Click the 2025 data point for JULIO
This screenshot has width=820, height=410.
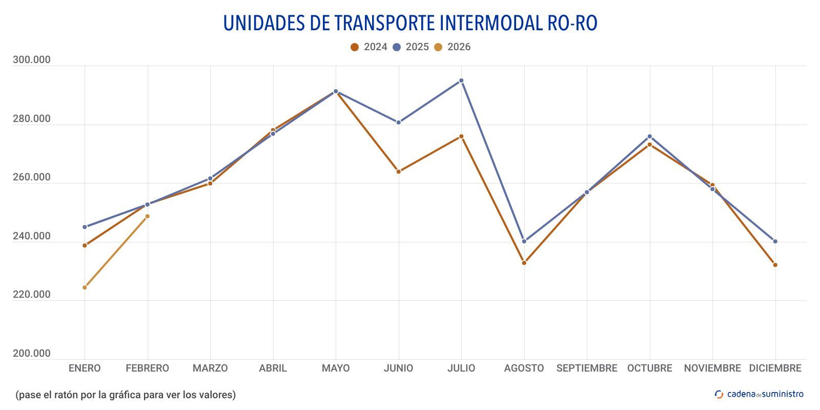[x=461, y=80]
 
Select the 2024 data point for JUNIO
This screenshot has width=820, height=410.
[x=398, y=172]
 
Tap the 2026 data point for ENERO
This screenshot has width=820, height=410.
[x=85, y=288]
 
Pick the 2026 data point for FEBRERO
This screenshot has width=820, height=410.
[x=148, y=216]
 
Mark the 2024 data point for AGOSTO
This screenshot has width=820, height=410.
[x=524, y=263]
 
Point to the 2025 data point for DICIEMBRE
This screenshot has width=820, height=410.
[x=775, y=241]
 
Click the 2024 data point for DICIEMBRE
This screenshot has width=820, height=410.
[x=775, y=265]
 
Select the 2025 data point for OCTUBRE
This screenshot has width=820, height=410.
[x=649, y=136]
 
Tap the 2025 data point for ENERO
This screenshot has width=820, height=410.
[x=85, y=227]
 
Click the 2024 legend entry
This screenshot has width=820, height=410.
[x=369, y=47]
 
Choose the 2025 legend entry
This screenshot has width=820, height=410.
[x=411, y=47]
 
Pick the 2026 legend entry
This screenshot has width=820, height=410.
[x=452, y=47]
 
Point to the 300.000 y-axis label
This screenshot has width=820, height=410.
[x=32, y=60]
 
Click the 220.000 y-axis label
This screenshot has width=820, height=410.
[x=32, y=295]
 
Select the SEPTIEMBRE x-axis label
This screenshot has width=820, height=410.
[x=587, y=368]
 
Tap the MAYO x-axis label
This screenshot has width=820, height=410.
[x=336, y=368]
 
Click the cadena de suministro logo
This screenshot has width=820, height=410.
[x=759, y=394]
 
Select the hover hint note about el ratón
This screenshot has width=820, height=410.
[x=126, y=395]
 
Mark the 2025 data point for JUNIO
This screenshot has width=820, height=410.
[x=398, y=122]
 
